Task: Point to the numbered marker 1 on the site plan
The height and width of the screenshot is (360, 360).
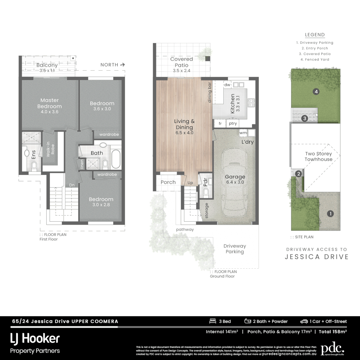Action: pyautogui.click(x=330, y=214)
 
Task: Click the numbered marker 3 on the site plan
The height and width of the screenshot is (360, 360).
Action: pyautogui.click(x=304, y=118)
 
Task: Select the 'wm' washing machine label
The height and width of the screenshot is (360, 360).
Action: pyautogui.click(x=243, y=133)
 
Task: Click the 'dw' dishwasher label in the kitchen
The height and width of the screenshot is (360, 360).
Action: pyautogui.click(x=227, y=85)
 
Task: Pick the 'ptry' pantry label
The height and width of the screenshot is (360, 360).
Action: pyautogui.click(x=232, y=124)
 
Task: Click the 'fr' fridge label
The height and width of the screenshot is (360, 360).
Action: pyautogui.click(x=220, y=124)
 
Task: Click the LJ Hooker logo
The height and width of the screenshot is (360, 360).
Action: pyautogui.click(x=35, y=339)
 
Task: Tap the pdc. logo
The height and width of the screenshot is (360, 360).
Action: pyautogui.click(x=332, y=349)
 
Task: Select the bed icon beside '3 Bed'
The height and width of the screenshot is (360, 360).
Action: pyautogui.click(x=212, y=321)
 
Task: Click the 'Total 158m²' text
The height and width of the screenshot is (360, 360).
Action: pyautogui.click(x=333, y=332)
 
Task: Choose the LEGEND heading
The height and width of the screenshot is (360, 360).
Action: pyautogui.click(x=315, y=35)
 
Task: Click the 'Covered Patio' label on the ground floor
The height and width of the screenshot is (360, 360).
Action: pyautogui.click(x=181, y=62)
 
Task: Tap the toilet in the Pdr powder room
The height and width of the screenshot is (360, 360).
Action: pyautogui.click(x=206, y=191)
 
